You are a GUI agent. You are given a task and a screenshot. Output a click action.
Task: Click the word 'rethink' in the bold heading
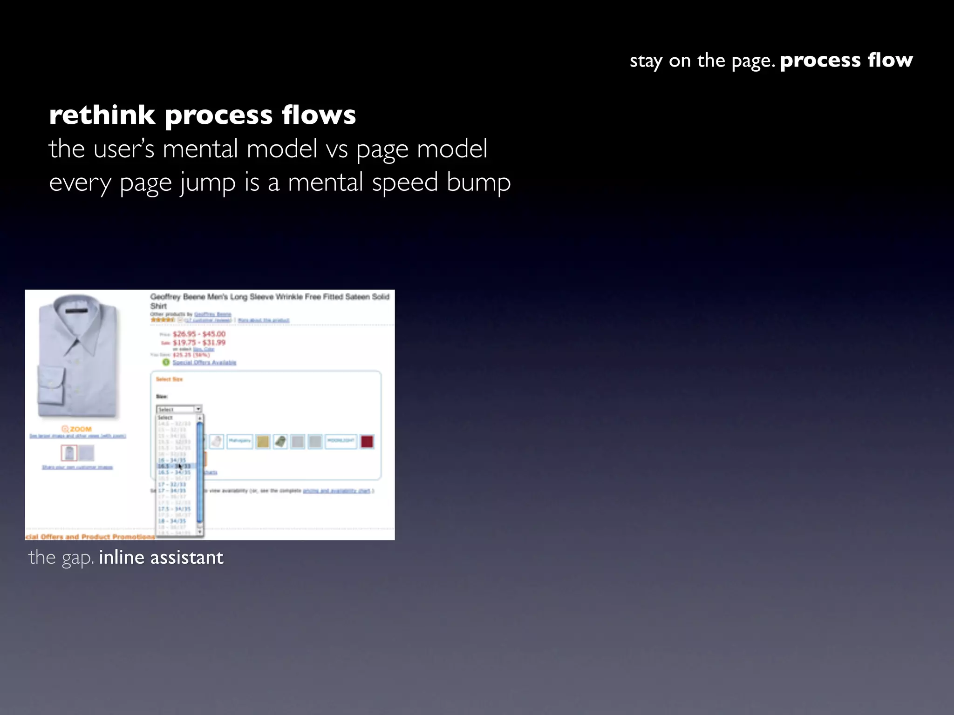(x=102, y=115)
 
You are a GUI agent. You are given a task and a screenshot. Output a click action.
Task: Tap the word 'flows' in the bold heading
(x=319, y=115)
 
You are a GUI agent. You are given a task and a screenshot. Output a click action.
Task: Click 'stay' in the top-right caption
(x=646, y=61)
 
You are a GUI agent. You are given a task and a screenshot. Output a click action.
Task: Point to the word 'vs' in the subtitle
(x=336, y=149)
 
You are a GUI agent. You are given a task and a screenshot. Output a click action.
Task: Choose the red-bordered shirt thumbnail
(x=69, y=453)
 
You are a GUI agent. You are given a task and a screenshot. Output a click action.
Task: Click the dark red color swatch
(x=367, y=441)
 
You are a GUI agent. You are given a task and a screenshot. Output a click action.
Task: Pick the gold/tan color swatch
(x=263, y=441)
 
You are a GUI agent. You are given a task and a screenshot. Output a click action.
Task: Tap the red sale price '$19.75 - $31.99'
(x=199, y=343)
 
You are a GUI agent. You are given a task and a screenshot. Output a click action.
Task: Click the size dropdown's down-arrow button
(x=198, y=409)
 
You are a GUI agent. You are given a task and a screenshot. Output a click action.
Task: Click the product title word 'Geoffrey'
(x=165, y=297)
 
